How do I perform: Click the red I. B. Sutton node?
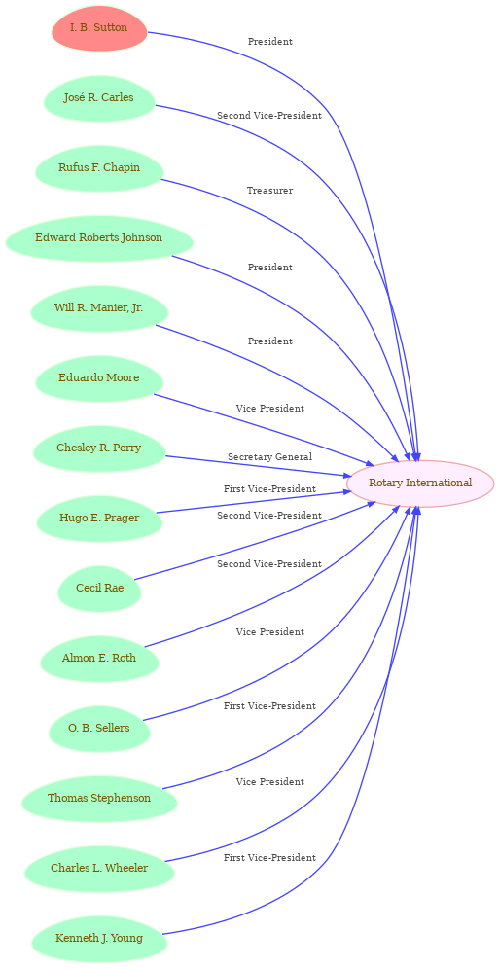[x=99, y=28]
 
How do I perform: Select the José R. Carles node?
[x=99, y=98]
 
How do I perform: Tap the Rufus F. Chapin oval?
[x=99, y=168]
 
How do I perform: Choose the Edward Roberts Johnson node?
[x=99, y=238]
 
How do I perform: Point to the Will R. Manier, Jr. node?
[x=99, y=308]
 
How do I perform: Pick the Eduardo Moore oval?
[x=99, y=377]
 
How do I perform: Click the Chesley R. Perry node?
[x=99, y=448]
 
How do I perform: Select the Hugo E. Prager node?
[x=99, y=518]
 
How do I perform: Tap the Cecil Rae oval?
[x=99, y=588]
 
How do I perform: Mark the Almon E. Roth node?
[x=99, y=658]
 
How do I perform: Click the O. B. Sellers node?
[x=99, y=728]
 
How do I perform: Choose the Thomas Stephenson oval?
[x=99, y=798]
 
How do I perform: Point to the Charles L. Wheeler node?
[x=99, y=869]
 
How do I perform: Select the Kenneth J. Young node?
[x=99, y=939]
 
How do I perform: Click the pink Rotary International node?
[x=420, y=483]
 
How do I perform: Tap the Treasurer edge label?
[x=269, y=191]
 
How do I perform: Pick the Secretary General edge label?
[x=269, y=457]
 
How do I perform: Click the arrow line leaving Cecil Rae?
[x=255, y=542]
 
